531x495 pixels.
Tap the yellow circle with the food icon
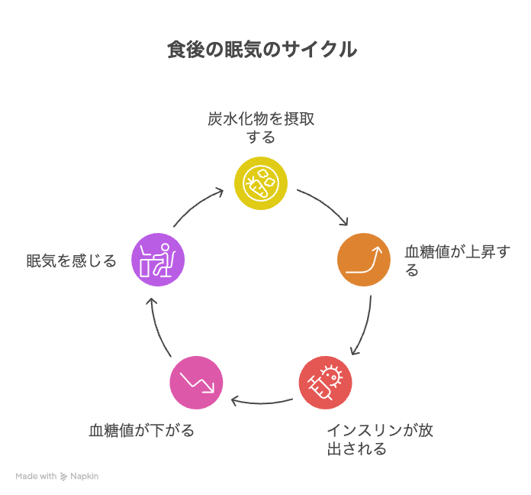point(261,183)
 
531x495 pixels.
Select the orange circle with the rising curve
point(364,259)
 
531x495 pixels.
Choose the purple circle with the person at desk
point(158,260)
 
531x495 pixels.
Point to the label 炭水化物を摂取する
point(261,128)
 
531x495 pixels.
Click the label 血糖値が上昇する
point(456,260)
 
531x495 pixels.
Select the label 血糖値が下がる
point(141,430)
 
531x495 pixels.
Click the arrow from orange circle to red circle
point(364,325)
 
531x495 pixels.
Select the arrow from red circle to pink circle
point(261,399)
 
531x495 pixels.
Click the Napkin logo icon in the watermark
point(63,476)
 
